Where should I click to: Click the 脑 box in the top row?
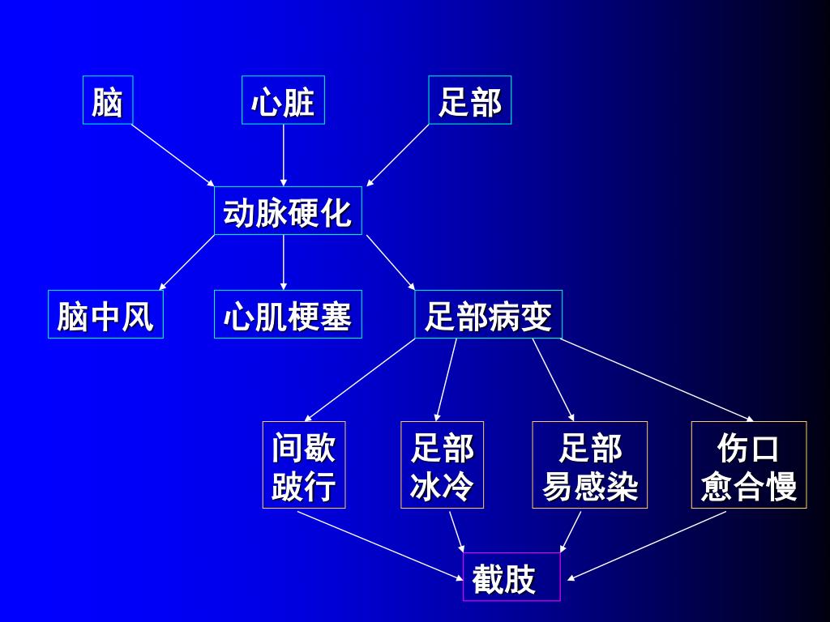click(108, 100)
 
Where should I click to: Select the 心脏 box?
click(283, 100)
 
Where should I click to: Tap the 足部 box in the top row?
click(469, 100)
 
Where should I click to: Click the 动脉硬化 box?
click(288, 211)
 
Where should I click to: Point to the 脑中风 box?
click(105, 314)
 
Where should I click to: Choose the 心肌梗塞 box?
click(288, 314)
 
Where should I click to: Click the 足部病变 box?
click(488, 314)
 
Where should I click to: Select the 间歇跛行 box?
click(304, 465)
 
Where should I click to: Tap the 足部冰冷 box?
click(442, 465)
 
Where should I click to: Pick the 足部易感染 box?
click(589, 465)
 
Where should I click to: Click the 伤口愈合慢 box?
click(748, 465)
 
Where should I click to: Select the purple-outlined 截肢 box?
click(511, 577)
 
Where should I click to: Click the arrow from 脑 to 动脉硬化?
click(173, 155)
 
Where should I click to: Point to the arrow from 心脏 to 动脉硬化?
click(284, 155)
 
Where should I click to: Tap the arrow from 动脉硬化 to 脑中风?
click(187, 262)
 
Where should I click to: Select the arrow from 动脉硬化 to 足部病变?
click(390, 262)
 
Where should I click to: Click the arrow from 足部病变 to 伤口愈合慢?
click(657, 380)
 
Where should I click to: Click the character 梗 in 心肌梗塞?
click(304, 315)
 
